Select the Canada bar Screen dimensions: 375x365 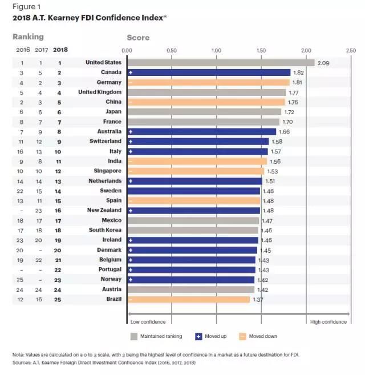tap(209, 72)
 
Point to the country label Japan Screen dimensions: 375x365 tap(112, 112)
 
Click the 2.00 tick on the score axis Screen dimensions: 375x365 tap(306, 50)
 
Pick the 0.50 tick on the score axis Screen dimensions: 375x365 tap(172, 50)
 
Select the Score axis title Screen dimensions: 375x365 tap(138, 38)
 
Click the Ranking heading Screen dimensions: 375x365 tap(28, 37)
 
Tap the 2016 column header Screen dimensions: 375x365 tap(23, 50)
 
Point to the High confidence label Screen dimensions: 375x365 tap(328, 322)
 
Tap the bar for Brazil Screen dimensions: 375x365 tap(188, 299)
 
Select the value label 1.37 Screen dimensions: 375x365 tap(258, 299)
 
